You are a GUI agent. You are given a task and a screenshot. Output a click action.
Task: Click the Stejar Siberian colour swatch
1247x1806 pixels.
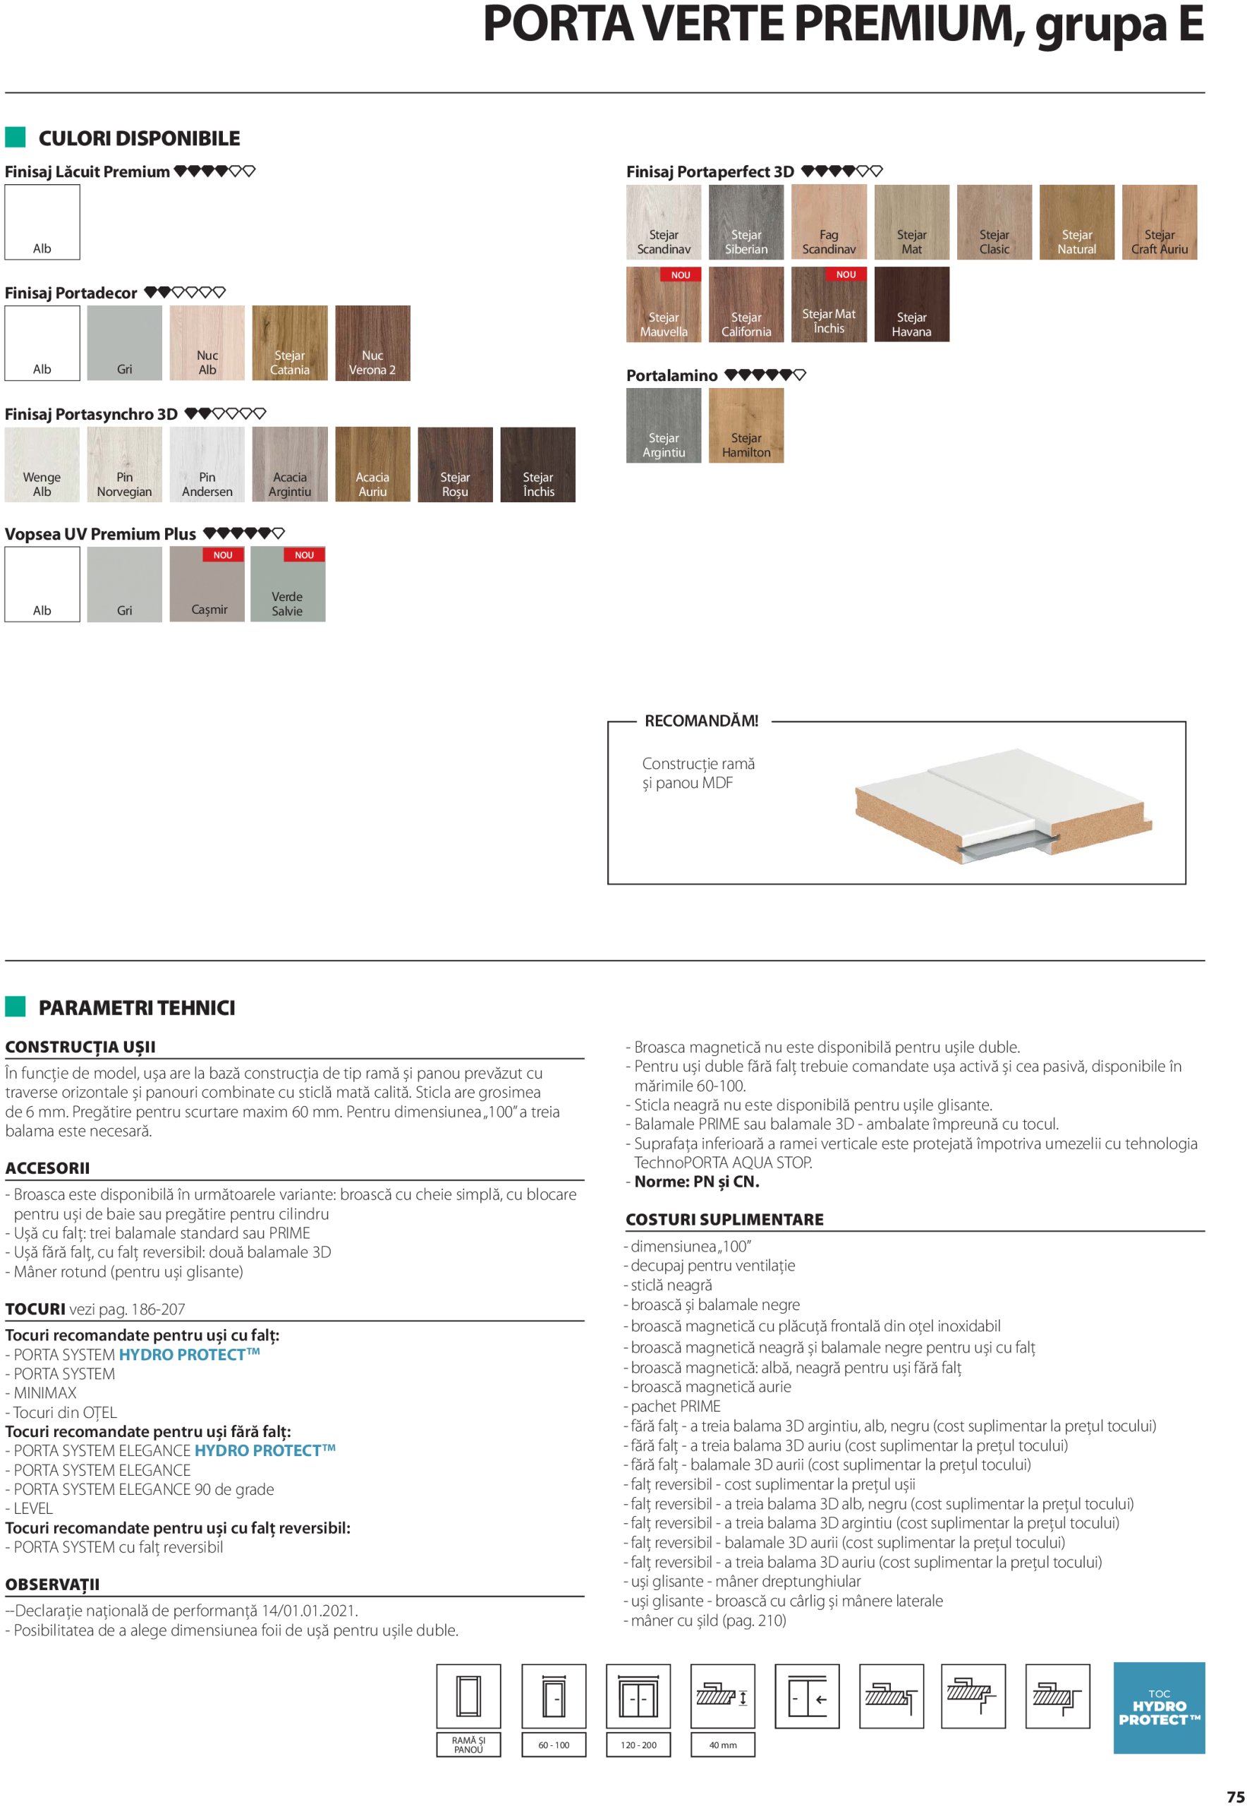point(746,222)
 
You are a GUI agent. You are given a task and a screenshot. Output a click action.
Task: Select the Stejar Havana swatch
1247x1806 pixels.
point(911,304)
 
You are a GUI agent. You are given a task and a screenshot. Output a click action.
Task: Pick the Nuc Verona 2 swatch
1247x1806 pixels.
point(372,343)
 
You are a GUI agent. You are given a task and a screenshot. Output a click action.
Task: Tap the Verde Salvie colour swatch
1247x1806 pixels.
point(288,585)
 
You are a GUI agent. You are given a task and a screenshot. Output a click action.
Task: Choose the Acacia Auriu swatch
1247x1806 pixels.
point(372,464)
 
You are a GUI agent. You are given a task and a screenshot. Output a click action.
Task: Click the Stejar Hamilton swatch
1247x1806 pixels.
point(746,426)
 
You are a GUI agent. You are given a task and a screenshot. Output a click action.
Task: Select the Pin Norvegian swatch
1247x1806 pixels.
point(124,464)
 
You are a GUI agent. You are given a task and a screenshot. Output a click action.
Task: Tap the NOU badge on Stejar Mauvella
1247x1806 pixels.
point(681,275)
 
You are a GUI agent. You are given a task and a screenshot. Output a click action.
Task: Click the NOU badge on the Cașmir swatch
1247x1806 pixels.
point(223,554)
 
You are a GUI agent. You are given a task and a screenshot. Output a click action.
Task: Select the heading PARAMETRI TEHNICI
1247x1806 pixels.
point(137,1007)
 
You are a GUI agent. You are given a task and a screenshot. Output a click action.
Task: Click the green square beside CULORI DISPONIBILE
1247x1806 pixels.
point(16,138)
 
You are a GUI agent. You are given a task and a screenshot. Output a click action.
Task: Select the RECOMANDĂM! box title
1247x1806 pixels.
point(701,720)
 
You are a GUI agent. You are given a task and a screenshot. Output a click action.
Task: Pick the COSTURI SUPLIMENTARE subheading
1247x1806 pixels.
point(724,1219)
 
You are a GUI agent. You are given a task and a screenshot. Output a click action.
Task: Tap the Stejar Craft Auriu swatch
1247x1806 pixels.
point(1159,222)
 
